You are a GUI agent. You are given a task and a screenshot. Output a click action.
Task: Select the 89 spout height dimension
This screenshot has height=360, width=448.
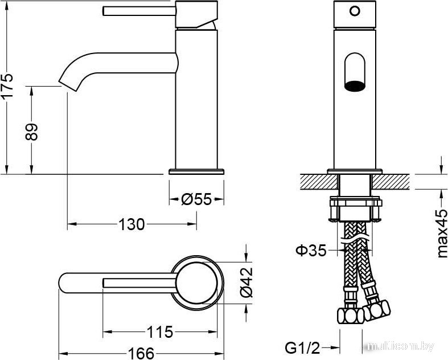[31, 132]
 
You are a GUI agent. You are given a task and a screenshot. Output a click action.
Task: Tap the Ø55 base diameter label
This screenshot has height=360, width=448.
[196, 199]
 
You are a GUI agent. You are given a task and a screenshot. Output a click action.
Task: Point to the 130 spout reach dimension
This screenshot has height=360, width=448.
[131, 224]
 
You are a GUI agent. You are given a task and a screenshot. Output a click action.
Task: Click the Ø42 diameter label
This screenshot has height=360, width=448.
[246, 282]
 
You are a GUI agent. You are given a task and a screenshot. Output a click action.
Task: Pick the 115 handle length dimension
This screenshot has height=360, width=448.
[160, 332]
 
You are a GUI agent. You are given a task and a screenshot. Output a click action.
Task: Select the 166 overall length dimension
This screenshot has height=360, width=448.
[141, 353]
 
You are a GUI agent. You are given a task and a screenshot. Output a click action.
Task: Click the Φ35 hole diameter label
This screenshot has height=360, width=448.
[311, 251]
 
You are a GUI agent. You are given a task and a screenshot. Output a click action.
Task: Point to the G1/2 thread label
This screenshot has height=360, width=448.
[302, 348]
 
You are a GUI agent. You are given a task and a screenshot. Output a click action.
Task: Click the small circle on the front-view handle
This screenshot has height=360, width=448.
[355, 11]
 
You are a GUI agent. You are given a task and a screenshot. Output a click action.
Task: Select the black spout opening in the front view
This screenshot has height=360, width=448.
[355, 86]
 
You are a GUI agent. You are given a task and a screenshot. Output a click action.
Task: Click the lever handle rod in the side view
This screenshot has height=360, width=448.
[139, 11]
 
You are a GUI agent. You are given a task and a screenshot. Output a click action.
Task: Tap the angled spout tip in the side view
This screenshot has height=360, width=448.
[68, 85]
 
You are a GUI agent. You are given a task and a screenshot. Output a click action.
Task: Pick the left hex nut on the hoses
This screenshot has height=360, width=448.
[350, 316]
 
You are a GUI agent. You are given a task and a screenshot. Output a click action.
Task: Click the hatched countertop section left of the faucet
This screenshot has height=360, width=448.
[319, 182]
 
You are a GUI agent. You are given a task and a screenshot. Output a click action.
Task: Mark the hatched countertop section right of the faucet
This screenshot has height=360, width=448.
[391, 182]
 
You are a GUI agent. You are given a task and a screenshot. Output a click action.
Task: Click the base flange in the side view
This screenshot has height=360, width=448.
[196, 171]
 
